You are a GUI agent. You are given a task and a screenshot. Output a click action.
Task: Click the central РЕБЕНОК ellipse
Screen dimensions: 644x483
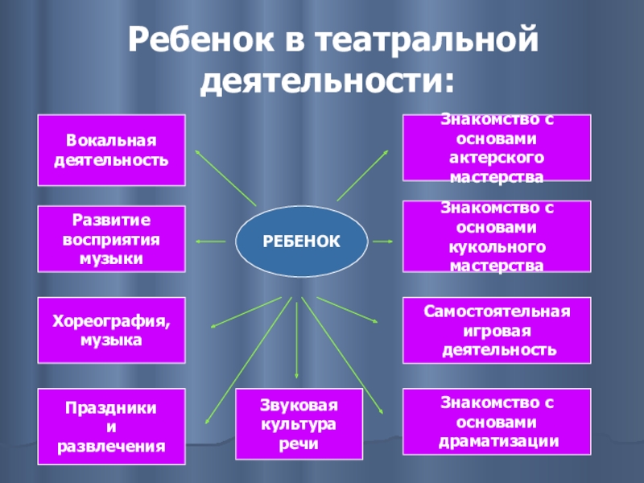pyautogui.click(x=302, y=240)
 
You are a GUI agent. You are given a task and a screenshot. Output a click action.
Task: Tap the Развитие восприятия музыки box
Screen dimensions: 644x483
pyautogui.click(x=112, y=239)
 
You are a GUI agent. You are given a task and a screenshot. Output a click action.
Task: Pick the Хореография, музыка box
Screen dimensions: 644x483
pyautogui.click(x=112, y=331)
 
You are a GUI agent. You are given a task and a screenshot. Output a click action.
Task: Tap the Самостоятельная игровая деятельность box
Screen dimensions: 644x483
pyautogui.click(x=496, y=331)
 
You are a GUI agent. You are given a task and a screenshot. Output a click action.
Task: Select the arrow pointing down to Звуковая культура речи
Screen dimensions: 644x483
pyautogui.click(x=298, y=338)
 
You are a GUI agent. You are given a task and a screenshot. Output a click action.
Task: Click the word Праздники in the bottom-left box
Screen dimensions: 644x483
pyautogui.click(x=112, y=408)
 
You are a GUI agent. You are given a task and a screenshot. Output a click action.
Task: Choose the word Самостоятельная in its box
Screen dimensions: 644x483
pyautogui.click(x=496, y=312)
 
